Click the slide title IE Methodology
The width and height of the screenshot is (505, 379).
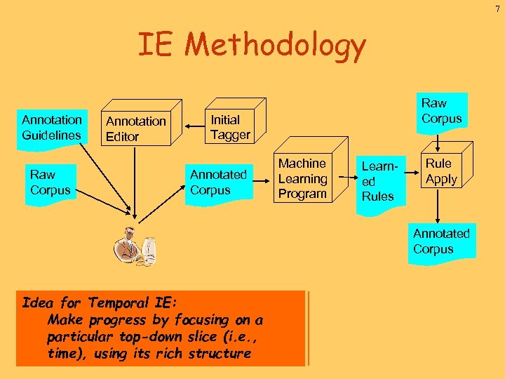[251, 46]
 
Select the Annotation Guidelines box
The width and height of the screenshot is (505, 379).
[51, 127]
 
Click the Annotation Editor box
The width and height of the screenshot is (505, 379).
[136, 128]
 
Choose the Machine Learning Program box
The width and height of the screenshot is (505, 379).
[302, 178]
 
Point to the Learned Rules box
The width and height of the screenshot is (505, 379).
[379, 182]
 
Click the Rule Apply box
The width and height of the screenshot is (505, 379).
[441, 172]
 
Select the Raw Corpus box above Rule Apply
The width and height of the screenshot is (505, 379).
[441, 112]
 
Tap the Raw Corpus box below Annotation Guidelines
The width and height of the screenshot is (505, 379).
[50, 182]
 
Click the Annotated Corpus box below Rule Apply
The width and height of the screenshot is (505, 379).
[441, 242]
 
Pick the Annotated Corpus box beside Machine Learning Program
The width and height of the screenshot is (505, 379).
[218, 182]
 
